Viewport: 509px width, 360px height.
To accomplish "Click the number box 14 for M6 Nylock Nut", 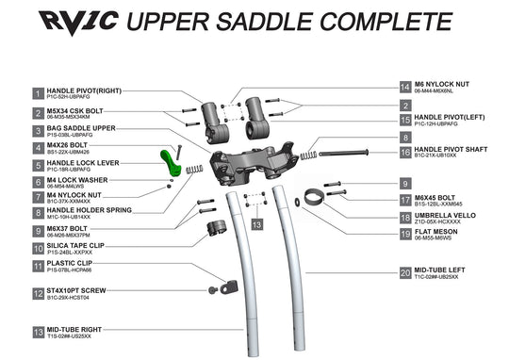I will pos(405,87).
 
